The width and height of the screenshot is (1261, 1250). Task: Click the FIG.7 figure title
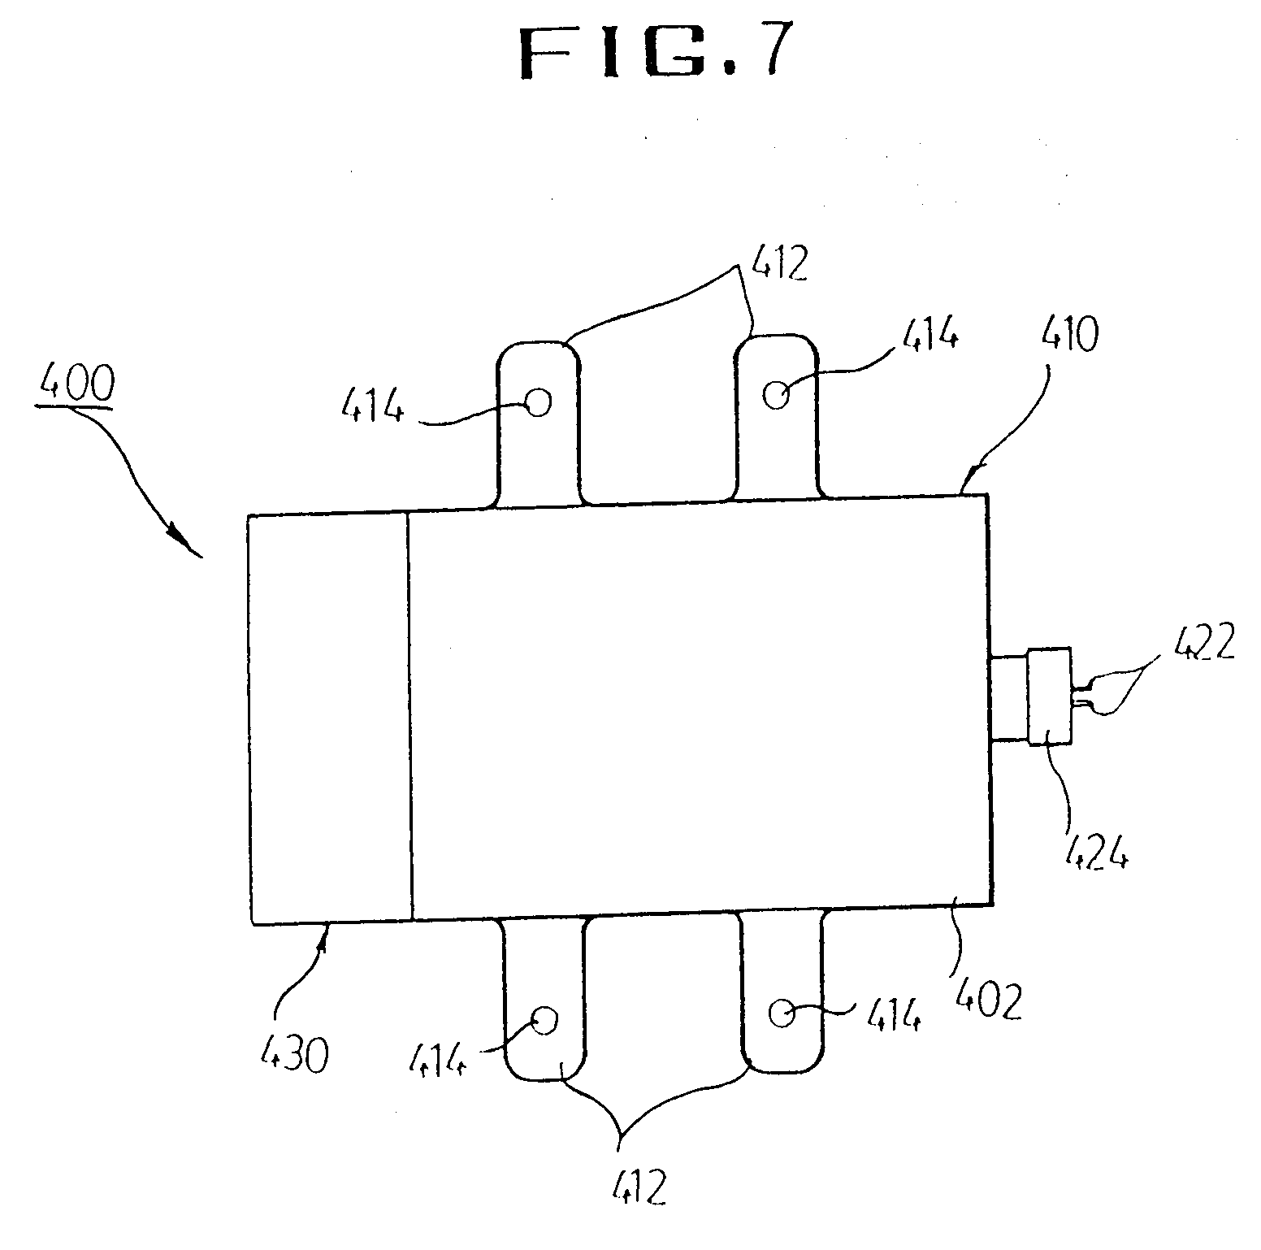coord(655,53)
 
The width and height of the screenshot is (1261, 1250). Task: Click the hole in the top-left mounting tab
coord(538,401)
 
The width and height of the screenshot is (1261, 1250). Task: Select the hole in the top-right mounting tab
coord(776,395)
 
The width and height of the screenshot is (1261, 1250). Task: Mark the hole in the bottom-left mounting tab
coord(543,1020)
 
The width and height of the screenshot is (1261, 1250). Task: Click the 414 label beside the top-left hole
coord(371,403)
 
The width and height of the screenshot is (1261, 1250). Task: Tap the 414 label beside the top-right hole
coord(929,334)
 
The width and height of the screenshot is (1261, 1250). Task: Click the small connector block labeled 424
coord(1049,696)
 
